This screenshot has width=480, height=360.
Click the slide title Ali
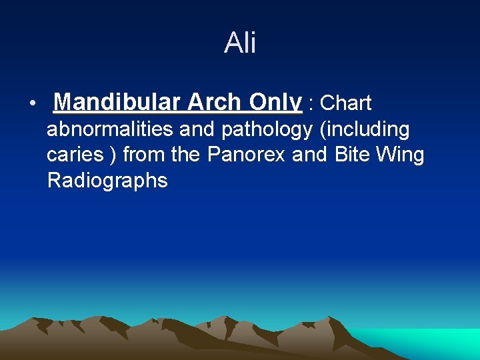click(x=240, y=43)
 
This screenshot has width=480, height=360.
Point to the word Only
click(x=275, y=103)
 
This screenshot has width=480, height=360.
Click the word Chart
click(x=345, y=103)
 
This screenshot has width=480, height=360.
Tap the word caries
click(x=75, y=155)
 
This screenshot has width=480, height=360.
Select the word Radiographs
click(x=107, y=181)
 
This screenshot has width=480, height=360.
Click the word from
click(x=145, y=155)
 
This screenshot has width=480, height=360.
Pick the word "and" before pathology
click(x=198, y=129)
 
